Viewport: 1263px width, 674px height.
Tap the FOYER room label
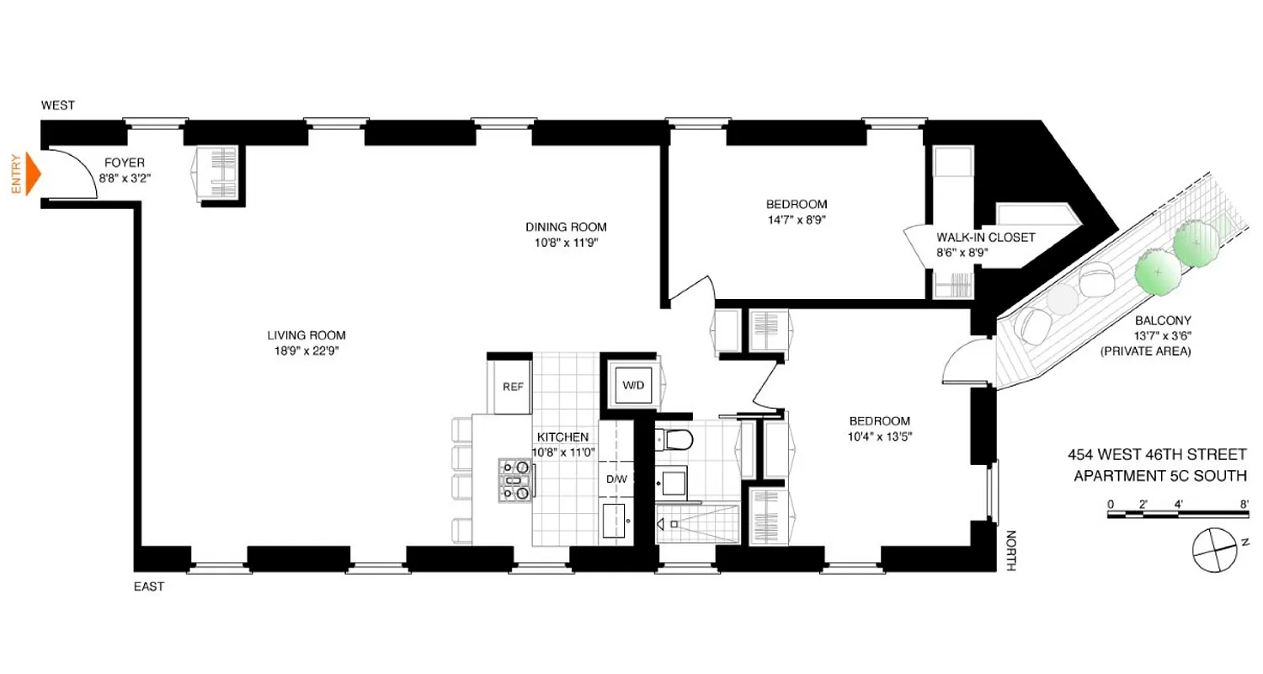tap(125, 163)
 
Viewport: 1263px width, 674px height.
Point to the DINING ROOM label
tap(566, 227)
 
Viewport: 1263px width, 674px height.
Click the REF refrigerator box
tap(514, 387)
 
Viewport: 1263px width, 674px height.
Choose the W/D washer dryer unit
tap(632, 385)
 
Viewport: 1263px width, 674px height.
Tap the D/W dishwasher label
tap(616, 479)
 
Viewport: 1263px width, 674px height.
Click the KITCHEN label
tap(562, 437)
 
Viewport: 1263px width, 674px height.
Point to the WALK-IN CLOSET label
tap(985, 238)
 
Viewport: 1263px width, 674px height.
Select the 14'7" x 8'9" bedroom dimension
tap(796, 219)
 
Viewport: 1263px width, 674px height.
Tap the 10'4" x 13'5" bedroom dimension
tap(880, 436)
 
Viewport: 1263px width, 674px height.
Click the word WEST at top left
tap(58, 105)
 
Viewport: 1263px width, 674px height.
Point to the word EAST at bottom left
tap(148, 586)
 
